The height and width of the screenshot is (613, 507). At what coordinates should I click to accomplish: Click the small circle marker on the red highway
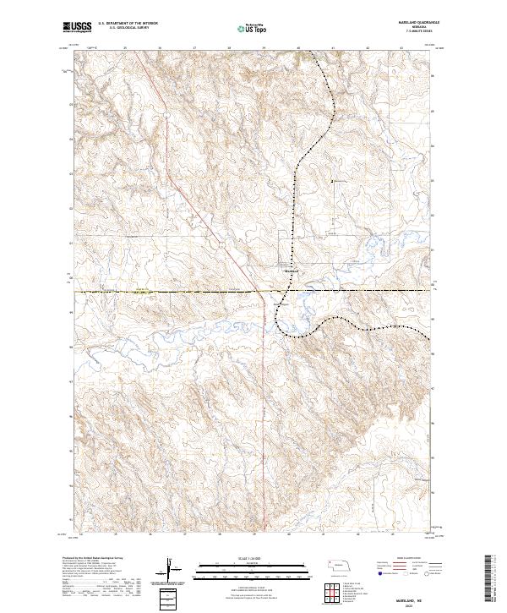(x=220, y=244)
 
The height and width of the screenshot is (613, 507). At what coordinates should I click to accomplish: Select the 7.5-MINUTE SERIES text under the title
(x=412, y=31)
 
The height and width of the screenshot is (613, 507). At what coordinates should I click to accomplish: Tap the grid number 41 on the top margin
(x=334, y=49)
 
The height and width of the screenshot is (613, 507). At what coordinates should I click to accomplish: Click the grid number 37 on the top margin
(x=195, y=49)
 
